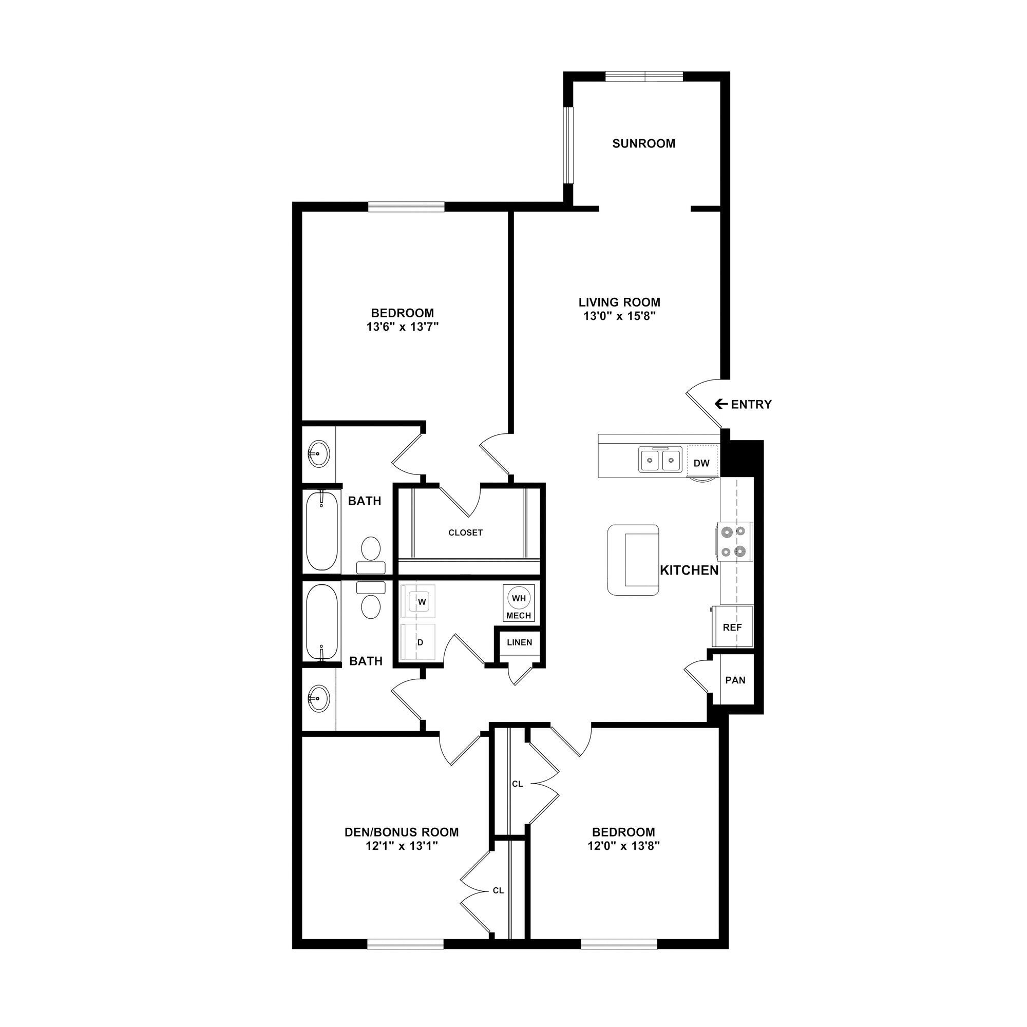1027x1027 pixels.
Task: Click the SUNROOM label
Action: [x=643, y=144]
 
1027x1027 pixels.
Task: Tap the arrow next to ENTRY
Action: [x=721, y=404]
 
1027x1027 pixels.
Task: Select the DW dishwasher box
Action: [x=701, y=463]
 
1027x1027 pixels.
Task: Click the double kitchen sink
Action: [x=660, y=460]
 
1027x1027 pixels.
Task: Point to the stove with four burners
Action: [x=735, y=542]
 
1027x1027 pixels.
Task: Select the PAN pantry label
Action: [x=735, y=680]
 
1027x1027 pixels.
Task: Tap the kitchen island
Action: [x=634, y=560]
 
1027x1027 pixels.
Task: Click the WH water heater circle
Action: [x=519, y=598]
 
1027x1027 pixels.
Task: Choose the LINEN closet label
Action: [x=519, y=642]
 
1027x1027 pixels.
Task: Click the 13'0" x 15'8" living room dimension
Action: [x=619, y=316]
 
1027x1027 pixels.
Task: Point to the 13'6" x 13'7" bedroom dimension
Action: [x=402, y=327]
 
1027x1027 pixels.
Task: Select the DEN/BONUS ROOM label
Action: [x=402, y=832]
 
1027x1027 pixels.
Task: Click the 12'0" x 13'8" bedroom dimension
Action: [x=623, y=846]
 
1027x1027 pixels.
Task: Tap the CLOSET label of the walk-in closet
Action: [x=465, y=532]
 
